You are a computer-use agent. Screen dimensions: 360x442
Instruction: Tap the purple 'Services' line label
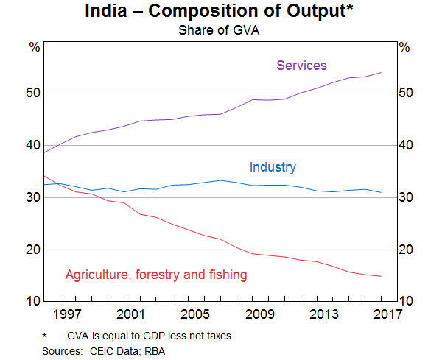coord(301,66)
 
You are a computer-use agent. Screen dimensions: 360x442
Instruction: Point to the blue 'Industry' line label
coord(273,167)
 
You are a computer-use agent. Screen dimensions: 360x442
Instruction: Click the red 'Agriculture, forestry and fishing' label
coord(156,275)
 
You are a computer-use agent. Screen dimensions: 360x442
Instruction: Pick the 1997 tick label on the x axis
coord(67,315)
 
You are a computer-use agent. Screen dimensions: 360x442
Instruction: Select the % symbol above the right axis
coord(404,48)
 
